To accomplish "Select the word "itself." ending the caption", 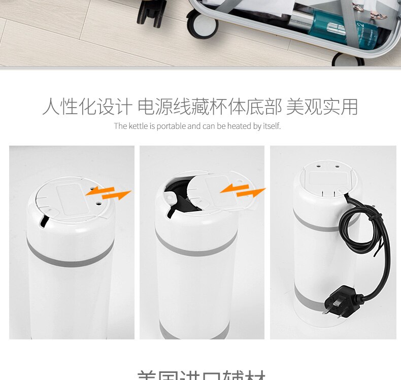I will click(271, 126).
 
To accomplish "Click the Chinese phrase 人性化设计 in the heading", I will click(87, 107).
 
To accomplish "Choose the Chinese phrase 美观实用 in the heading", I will click(322, 107).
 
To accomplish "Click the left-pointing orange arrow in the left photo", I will click(100, 190).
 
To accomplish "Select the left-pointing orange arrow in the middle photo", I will click(233, 189).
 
